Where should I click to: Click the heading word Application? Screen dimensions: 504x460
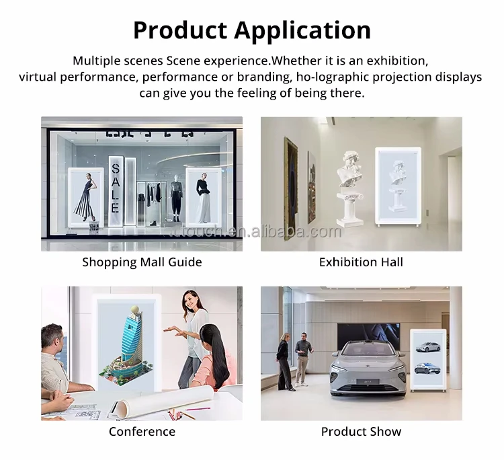coord(302,30)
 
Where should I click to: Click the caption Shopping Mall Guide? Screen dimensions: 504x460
coord(142,262)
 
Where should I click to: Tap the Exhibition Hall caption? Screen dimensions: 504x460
coord(361,262)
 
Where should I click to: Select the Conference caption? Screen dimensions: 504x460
coord(142,431)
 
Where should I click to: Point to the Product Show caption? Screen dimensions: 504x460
coord(361,431)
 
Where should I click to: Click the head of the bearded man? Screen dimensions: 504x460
coord(52,338)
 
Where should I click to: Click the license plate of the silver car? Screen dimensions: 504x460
coord(368,381)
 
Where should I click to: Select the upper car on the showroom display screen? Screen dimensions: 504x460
coord(427,347)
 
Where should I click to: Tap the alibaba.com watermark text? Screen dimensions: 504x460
coord(296,231)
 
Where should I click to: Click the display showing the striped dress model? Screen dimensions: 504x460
coord(86,198)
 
